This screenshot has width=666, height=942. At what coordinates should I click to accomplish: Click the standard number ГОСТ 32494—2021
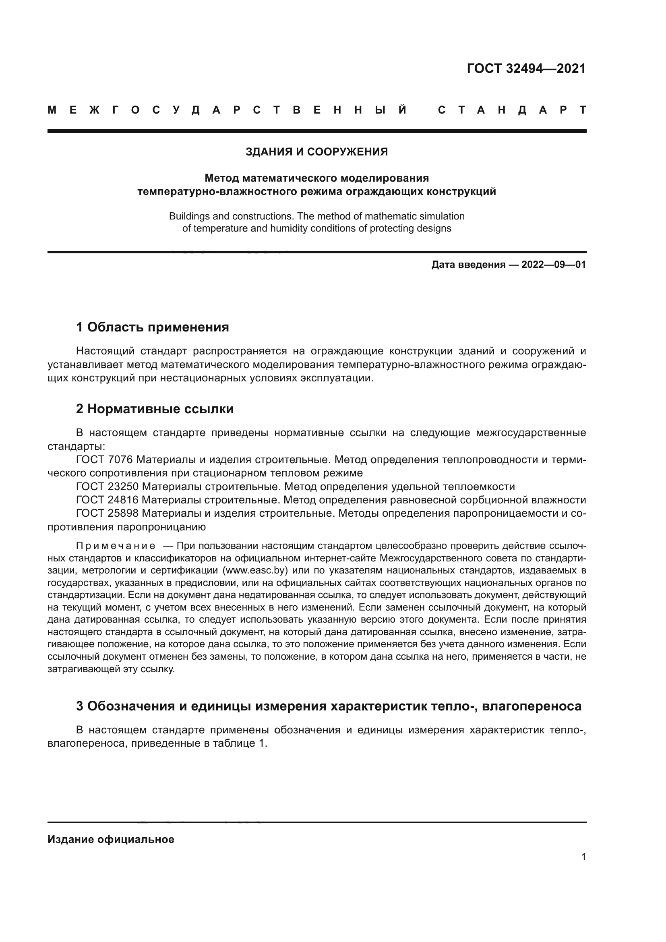click(526, 68)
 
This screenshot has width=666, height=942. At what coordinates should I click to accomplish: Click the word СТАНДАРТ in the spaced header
click(512, 110)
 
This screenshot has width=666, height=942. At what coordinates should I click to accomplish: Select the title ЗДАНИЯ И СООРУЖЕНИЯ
click(316, 152)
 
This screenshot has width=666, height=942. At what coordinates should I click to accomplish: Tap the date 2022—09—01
click(554, 265)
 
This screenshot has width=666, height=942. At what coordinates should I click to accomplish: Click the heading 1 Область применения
click(153, 327)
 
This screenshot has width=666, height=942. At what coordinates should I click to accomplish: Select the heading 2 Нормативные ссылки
click(155, 409)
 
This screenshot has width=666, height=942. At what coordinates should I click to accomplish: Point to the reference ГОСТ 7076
click(104, 460)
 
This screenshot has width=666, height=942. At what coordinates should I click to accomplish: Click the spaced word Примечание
click(116, 546)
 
